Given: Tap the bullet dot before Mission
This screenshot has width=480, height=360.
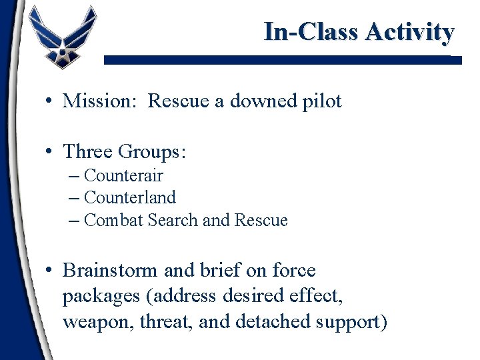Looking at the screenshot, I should (50, 102).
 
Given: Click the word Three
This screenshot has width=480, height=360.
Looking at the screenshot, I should (88, 152).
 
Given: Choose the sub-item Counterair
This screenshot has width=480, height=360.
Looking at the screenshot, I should (123, 176).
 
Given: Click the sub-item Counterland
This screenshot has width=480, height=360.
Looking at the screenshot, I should (130, 198).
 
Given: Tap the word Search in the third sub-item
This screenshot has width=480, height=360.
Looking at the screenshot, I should (173, 220).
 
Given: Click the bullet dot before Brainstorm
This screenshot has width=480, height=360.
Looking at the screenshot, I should (50, 271).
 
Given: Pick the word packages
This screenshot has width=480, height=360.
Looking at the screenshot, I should (101, 297).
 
